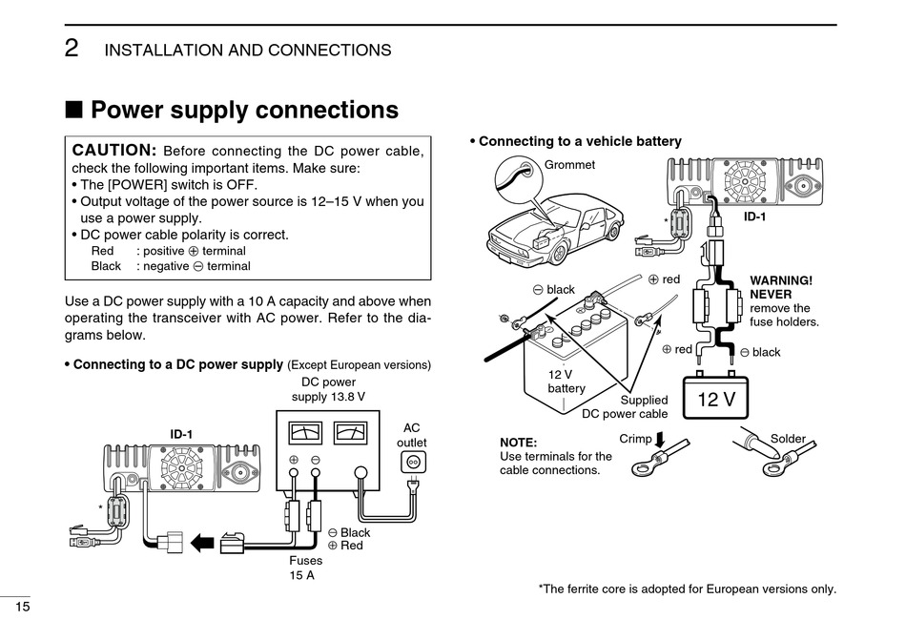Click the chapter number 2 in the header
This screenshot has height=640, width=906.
72,49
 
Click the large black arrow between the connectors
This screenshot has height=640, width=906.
202,543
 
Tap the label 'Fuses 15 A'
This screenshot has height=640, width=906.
305,568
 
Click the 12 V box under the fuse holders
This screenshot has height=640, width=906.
716,399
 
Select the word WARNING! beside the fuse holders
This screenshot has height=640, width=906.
781,280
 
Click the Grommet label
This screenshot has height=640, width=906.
569,165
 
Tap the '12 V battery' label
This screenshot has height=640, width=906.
566,382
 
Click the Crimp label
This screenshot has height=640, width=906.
635,439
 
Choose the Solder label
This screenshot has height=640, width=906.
788,439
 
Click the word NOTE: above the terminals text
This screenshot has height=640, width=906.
519,444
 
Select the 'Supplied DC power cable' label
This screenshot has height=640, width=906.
626,407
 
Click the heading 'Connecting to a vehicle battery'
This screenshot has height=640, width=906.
579,141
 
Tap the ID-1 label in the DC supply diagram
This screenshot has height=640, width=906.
181,435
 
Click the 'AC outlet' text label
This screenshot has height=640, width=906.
412,435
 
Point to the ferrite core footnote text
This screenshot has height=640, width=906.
687,588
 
